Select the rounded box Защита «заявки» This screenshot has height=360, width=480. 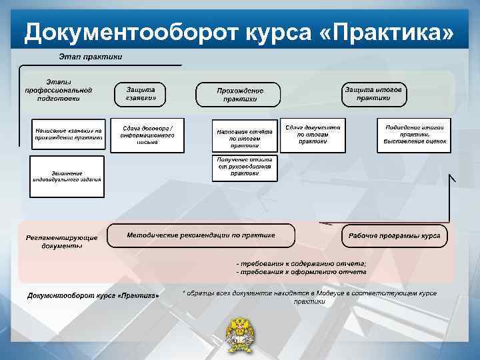141,94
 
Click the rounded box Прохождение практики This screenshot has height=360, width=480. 240,95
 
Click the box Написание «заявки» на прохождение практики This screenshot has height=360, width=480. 69,134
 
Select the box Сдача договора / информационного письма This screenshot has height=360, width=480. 147,135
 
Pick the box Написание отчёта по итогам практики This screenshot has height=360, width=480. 245,137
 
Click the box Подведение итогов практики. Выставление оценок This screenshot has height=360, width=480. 414,134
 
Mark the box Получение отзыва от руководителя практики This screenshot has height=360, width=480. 245,167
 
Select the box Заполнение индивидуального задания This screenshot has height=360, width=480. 67,176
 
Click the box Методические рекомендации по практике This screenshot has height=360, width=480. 201,235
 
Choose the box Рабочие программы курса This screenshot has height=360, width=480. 395,235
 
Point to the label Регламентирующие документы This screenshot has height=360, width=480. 62,241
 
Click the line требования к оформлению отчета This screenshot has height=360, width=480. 301,272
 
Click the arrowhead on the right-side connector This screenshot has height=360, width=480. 452,178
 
